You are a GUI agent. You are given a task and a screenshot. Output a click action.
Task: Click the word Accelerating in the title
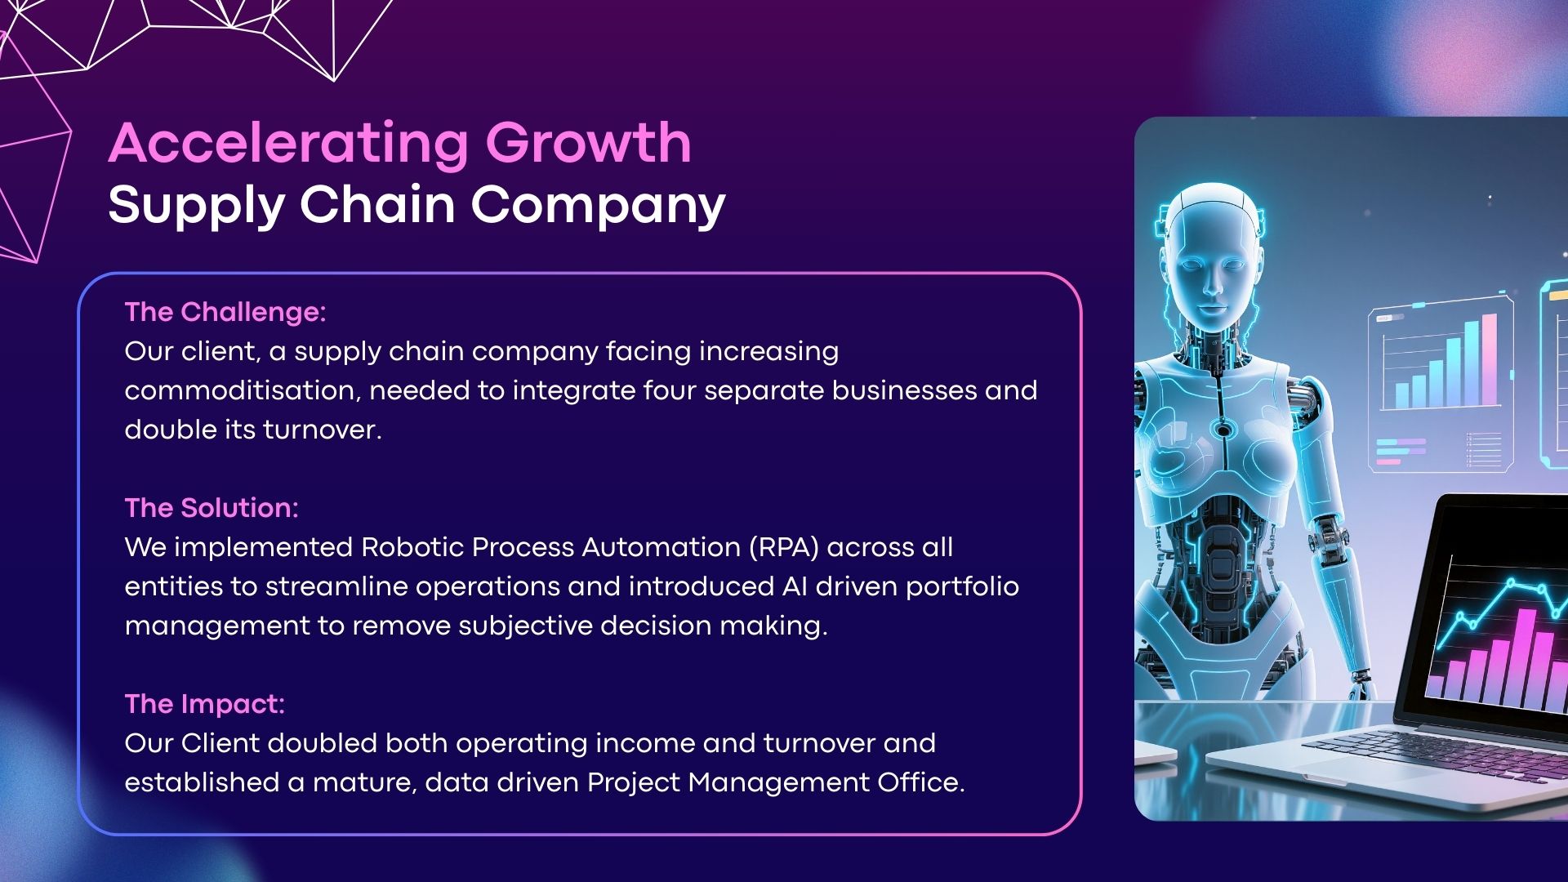[288, 144]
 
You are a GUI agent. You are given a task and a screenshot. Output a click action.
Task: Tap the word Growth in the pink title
[589, 143]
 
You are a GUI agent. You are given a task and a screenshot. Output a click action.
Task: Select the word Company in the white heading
[598, 206]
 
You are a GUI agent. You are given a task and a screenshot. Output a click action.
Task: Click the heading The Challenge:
[225, 312]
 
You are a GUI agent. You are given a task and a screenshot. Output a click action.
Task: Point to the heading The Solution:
[212, 508]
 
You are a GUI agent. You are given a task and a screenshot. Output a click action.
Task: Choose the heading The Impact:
[205, 704]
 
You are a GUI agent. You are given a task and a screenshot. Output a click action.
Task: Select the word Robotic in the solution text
[412, 547]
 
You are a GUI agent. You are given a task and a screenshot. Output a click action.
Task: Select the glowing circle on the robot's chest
[1223, 430]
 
